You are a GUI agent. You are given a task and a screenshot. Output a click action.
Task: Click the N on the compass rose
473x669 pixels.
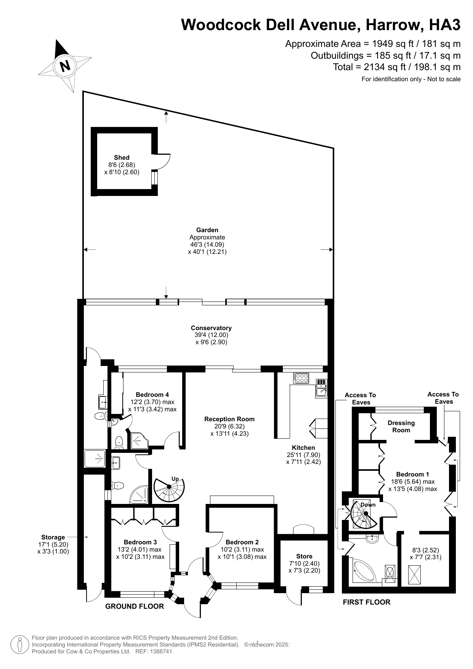pyautogui.click(x=66, y=66)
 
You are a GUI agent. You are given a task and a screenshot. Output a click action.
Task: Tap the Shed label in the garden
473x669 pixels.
pyautogui.click(x=122, y=157)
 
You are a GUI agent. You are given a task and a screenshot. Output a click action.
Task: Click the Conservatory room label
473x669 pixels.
pyautogui.click(x=211, y=328)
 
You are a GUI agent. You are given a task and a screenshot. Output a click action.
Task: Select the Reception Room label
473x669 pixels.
pyautogui.click(x=229, y=419)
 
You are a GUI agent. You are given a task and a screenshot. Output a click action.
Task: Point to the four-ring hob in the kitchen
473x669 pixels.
pyautogui.click(x=301, y=378)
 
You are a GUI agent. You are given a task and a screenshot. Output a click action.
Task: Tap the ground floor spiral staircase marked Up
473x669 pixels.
pyautogui.click(x=169, y=489)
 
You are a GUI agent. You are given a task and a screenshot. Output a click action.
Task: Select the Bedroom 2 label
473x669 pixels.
pyautogui.click(x=242, y=542)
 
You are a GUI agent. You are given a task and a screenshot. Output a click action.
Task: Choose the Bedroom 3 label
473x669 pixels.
pyautogui.click(x=140, y=542)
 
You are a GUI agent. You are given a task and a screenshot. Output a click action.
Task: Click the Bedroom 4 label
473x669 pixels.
pyautogui.click(x=152, y=395)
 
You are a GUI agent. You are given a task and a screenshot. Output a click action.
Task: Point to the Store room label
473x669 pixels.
pyautogui.click(x=304, y=556)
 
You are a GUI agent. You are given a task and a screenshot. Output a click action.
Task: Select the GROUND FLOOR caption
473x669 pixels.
pyautogui.click(x=135, y=606)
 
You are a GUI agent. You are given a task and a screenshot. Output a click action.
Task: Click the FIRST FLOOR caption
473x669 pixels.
pyautogui.click(x=366, y=602)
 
